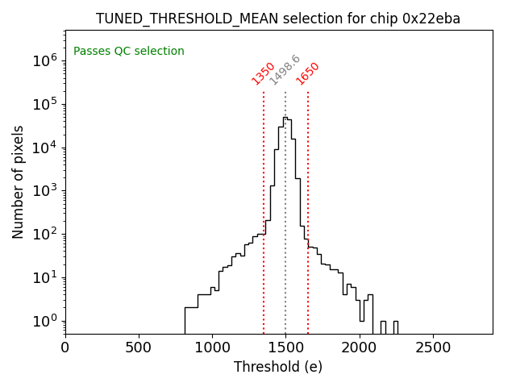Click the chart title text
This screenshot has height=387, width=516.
click(x=278, y=19)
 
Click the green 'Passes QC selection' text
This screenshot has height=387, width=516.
click(x=129, y=52)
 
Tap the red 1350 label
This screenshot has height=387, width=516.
click(x=264, y=73)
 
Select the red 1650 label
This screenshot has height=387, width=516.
click(x=308, y=73)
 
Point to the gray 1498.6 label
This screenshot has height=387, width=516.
click(x=285, y=70)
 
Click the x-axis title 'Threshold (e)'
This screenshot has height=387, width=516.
click(x=278, y=367)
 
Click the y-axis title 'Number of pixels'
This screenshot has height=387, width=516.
click(x=19, y=181)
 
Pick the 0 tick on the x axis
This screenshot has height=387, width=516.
click(x=65, y=347)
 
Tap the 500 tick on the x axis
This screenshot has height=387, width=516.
click(x=139, y=347)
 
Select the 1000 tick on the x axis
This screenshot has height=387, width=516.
click(x=212, y=347)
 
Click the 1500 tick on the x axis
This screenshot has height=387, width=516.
click(x=285, y=347)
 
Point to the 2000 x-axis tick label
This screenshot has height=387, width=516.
click(x=360, y=347)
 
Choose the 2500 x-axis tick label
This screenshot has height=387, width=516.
click(x=433, y=347)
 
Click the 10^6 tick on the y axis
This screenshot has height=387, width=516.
click(x=44, y=60)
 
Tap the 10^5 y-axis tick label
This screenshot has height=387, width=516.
click(x=44, y=104)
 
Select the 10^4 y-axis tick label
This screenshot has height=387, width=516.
click(x=44, y=148)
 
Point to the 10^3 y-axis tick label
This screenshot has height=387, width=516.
click(x=44, y=191)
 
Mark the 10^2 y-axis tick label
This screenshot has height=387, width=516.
click(x=44, y=235)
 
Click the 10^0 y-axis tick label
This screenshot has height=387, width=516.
click(x=44, y=322)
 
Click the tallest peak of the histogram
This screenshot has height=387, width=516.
click(x=285, y=117)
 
